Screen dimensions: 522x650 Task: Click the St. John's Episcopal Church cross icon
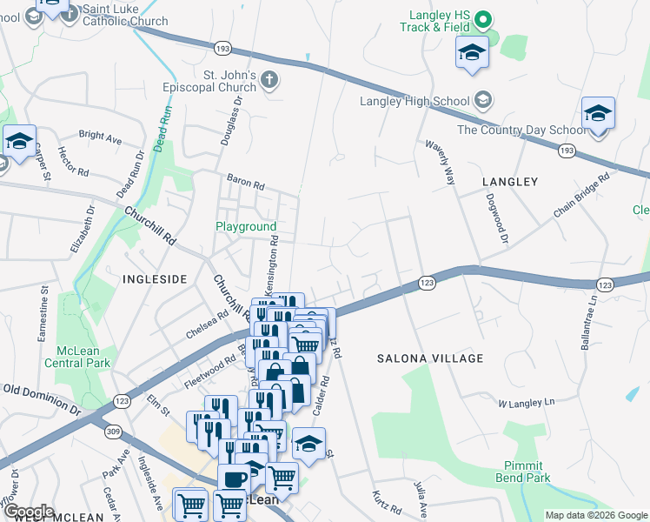point(269,81)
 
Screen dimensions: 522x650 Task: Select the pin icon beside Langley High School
point(483,101)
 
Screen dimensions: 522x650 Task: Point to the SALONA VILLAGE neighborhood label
point(429,358)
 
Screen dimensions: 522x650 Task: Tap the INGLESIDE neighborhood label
point(155,279)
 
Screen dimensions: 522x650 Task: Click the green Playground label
point(246,227)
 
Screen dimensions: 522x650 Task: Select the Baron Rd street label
point(245,183)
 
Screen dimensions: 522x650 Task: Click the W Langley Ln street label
point(526,403)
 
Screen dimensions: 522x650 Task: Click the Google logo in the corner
point(29,512)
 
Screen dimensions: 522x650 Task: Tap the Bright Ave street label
point(100,137)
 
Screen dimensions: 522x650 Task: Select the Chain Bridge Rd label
point(581,196)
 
